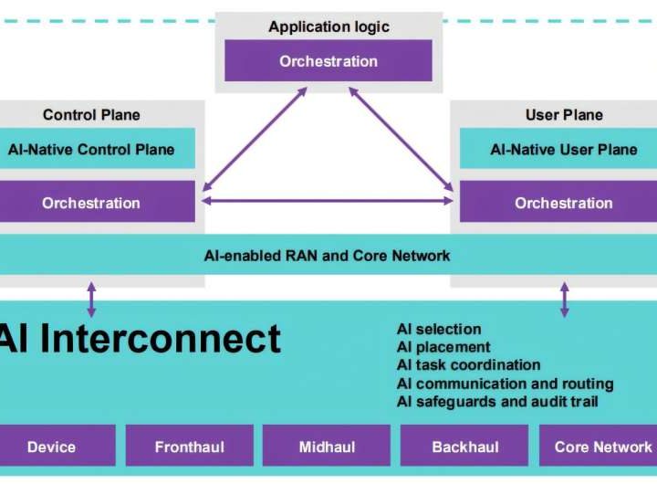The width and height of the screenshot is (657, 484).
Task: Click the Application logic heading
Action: tap(328, 26)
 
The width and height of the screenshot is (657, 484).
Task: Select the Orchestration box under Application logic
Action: tap(328, 61)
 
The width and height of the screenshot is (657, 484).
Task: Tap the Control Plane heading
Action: tap(91, 115)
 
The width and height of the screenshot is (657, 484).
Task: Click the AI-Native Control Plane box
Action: tap(91, 149)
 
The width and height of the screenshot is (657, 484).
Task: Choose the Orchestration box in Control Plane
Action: tap(91, 203)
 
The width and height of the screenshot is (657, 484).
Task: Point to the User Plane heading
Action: tap(564, 115)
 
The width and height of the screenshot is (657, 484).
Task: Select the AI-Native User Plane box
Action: tap(564, 149)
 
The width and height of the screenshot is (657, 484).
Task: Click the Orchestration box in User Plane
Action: tap(564, 203)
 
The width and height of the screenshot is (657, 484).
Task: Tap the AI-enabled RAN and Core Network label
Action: tap(327, 256)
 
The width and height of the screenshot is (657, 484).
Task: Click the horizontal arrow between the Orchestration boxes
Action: tap(327, 201)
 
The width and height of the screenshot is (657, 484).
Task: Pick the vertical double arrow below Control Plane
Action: tap(91, 299)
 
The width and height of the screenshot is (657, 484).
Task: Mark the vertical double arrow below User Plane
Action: tap(564, 299)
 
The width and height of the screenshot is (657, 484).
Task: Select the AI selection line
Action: tap(439, 329)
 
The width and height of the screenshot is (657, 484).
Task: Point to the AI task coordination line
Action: tap(468, 365)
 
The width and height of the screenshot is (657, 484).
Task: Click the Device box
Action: tap(52, 447)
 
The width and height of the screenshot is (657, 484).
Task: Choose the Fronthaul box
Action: tap(189, 447)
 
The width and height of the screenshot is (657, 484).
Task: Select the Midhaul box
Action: tap(327, 447)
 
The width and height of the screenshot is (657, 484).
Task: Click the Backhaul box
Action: tap(464, 447)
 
